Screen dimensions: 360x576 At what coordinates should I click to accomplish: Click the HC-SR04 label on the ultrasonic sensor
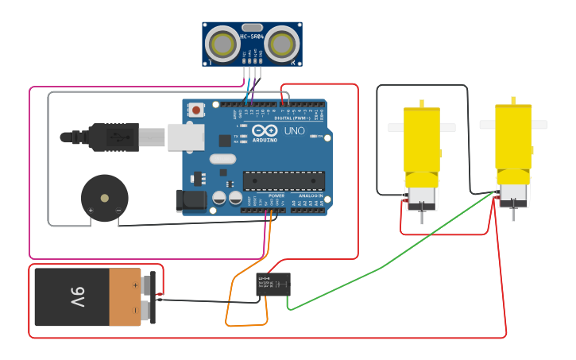(251, 37)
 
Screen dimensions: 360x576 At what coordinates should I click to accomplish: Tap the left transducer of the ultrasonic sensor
(222, 44)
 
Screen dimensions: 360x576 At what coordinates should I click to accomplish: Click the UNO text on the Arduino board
(294, 131)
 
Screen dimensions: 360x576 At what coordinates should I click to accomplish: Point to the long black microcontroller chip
(284, 181)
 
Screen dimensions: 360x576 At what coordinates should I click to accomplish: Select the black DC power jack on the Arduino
(191, 201)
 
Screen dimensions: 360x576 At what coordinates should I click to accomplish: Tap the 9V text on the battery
(76, 297)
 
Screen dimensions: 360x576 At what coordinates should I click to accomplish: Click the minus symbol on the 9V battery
(135, 310)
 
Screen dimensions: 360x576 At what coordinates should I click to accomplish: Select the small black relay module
(273, 285)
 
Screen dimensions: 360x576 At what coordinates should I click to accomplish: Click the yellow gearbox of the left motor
(421, 140)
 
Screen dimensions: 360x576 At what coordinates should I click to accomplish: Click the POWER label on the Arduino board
(276, 195)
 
